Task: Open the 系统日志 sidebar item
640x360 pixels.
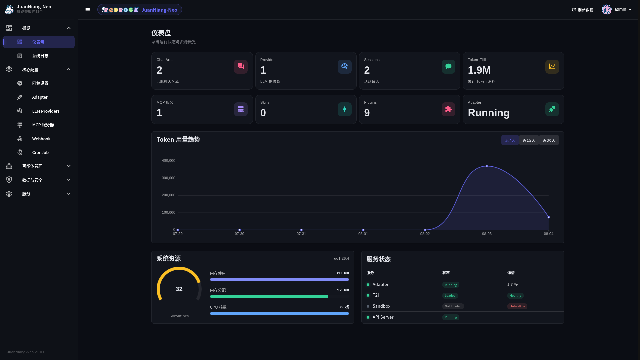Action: tap(40, 56)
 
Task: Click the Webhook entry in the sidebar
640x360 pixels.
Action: tap(41, 139)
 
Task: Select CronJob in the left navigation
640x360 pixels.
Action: tap(40, 153)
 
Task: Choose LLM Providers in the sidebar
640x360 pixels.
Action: tap(46, 111)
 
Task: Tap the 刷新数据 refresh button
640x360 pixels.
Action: tap(582, 10)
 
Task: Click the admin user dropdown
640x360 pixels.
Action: tap(617, 10)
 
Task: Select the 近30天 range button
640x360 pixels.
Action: tap(549, 140)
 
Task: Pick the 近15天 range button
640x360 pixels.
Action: tap(529, 140)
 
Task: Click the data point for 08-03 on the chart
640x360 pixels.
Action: tap(487, 166)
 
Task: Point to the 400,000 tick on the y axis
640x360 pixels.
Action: tap(168, 161)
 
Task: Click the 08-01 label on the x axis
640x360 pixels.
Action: tap(363, 234)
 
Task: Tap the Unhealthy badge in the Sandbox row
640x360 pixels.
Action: tap(517, 306)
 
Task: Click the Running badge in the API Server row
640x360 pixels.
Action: tap(451, 317)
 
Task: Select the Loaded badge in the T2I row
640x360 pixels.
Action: tap(450, 296)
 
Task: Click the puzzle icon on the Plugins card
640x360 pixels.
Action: tap(448, 109)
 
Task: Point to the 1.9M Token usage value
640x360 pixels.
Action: tap(479, 70)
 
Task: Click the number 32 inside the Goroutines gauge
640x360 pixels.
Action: tap(179, 289)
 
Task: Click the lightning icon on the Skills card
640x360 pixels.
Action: tap(344, 109)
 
